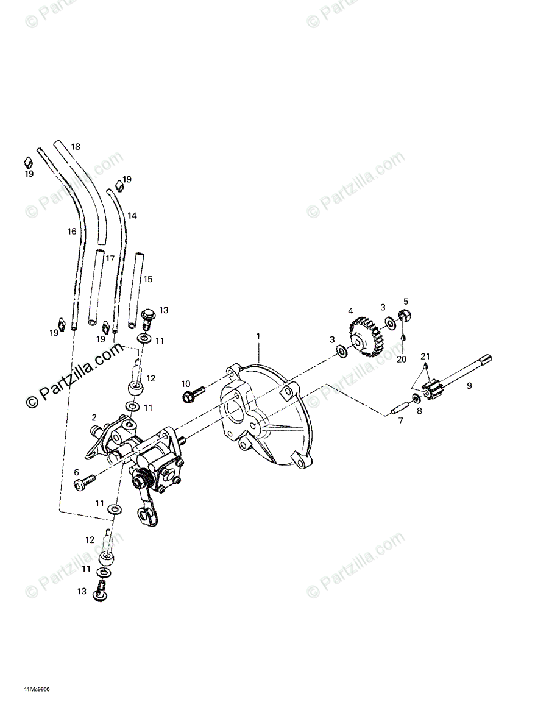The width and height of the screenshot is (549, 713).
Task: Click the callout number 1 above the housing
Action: click(258, 336)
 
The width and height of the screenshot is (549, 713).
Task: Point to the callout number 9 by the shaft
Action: click(469, 385)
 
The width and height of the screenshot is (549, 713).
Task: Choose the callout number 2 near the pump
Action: click(94, 417)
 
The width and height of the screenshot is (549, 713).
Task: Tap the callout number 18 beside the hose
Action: click(76, 147)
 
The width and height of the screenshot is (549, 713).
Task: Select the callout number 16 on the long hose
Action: click(72, 231)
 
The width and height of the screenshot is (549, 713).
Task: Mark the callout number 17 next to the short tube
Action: click(110, 258)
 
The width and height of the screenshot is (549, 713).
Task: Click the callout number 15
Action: click(147, 279)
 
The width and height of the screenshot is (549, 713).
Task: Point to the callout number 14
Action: click(132, 216)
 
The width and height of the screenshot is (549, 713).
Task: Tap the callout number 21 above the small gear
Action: click(425, 356)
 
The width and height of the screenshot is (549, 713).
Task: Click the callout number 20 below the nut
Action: click(402, 359)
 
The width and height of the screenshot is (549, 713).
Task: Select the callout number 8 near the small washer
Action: click(418, 411)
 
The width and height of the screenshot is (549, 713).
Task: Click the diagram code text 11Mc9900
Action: click(37, 690)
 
